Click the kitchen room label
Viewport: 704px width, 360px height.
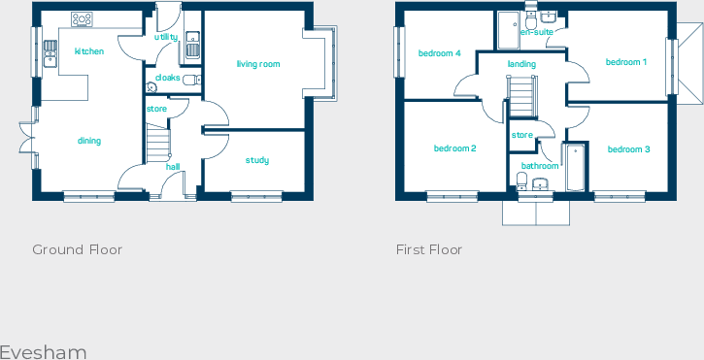89,51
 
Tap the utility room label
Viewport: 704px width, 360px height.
166,37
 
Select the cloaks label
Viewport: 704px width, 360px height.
167,77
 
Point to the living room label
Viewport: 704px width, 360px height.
257,64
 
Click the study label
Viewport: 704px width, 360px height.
256,160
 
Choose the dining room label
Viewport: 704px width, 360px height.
89,141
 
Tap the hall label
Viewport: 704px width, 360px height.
173,167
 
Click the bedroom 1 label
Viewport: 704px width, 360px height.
626,62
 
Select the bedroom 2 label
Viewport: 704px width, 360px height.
454,148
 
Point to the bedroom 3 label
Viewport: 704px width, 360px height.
628,149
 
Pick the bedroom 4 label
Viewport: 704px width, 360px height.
439,53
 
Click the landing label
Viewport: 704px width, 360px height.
521,64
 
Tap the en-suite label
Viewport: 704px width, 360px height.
537,32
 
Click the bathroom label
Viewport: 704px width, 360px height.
539,166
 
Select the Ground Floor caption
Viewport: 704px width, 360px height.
78,249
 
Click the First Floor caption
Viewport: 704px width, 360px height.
429,249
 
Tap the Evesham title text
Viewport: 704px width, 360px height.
44,351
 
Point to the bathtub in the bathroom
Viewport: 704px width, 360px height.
575,167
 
